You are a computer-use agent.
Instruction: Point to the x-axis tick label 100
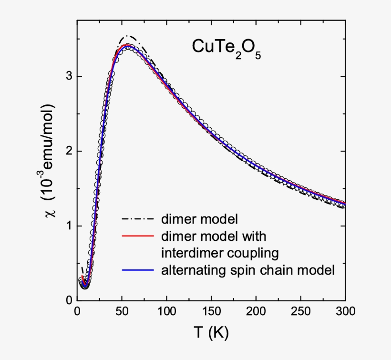click(x=166, y=312)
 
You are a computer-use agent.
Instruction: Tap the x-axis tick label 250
click(x=301, y=312)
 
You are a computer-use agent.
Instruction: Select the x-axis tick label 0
click(x=77, y=312)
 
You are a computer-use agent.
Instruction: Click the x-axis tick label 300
click(x=345, y=312)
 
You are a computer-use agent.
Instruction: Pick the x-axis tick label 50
click(x=122, y=312)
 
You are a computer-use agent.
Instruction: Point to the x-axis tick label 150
click(x=211, y=312)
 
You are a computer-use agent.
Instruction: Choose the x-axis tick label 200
click(x=256, y=312)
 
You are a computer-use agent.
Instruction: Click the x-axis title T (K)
click(x=211, y=332)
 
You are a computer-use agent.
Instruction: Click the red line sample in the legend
click(x=137, y=236)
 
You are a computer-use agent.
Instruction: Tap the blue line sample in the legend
click(x=137, y=270)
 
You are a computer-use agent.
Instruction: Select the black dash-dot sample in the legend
click(x=137, y=220)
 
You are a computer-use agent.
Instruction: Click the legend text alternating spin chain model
click(x=248, y=270)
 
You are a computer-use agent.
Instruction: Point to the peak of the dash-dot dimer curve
click(x=127, y=36)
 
